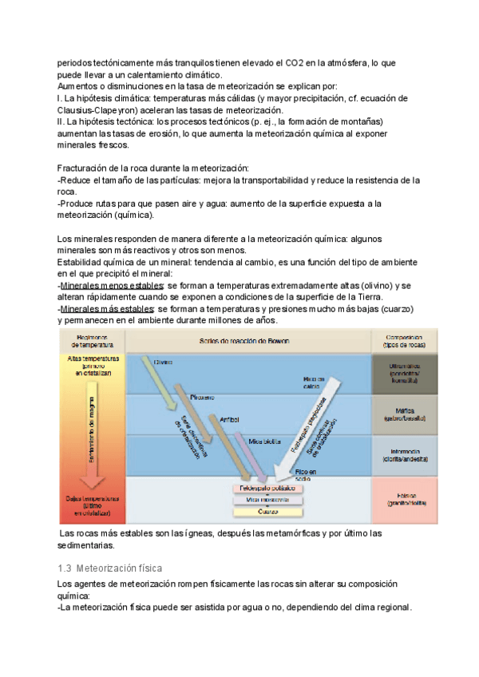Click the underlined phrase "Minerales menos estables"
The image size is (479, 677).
point(112,286)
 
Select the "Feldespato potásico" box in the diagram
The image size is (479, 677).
point(269,487)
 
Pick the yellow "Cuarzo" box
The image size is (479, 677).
point(268,511)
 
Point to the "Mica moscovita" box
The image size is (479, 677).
point(268,499)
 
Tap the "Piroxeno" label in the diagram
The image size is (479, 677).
point(203,397)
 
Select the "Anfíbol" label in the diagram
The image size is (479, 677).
point(229,418)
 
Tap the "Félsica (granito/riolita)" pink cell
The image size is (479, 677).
point(405,499)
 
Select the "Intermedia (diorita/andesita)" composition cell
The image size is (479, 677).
point(405,455)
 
